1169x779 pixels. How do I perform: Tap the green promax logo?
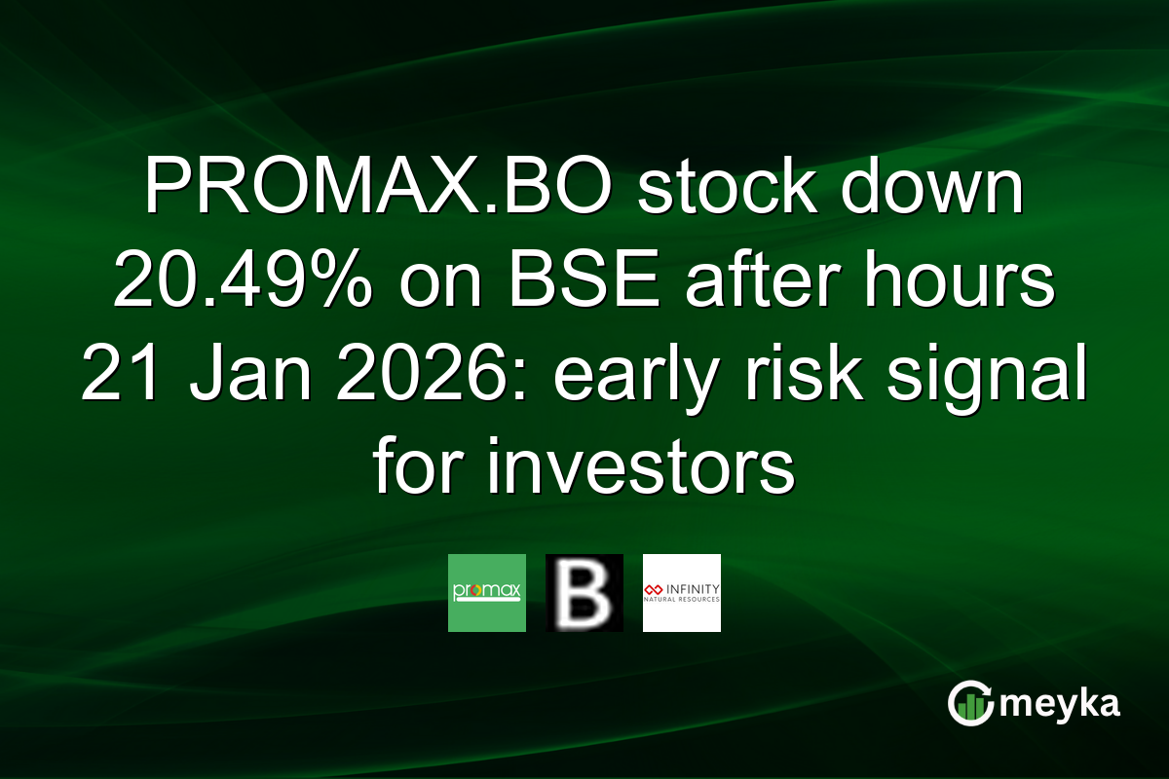click(487, 593)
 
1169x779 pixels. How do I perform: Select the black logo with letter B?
click(584, 593)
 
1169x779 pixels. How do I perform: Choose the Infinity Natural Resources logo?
click(682, 593)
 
